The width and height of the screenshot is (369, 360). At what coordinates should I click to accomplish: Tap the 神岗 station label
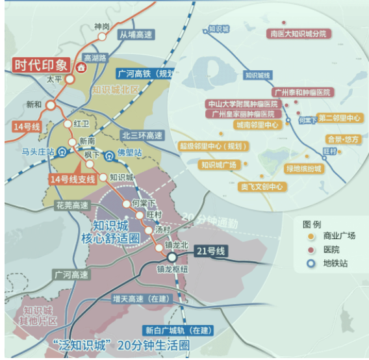point(102,26)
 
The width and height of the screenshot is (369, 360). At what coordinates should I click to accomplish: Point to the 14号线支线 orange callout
point(73,179)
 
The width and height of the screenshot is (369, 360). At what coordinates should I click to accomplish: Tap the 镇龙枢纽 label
point(172,268)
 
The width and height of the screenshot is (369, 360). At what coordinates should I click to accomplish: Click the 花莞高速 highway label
point(72,205)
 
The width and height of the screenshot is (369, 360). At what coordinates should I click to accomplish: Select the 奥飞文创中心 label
point(262,187)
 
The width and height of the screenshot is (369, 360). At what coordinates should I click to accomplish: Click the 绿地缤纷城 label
point(304,168)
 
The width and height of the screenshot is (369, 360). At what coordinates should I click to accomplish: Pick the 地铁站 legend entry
point(334,264)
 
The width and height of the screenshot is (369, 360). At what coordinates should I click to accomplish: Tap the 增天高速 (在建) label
point(140,299)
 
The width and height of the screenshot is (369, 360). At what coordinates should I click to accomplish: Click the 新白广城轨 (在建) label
point(173,330)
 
